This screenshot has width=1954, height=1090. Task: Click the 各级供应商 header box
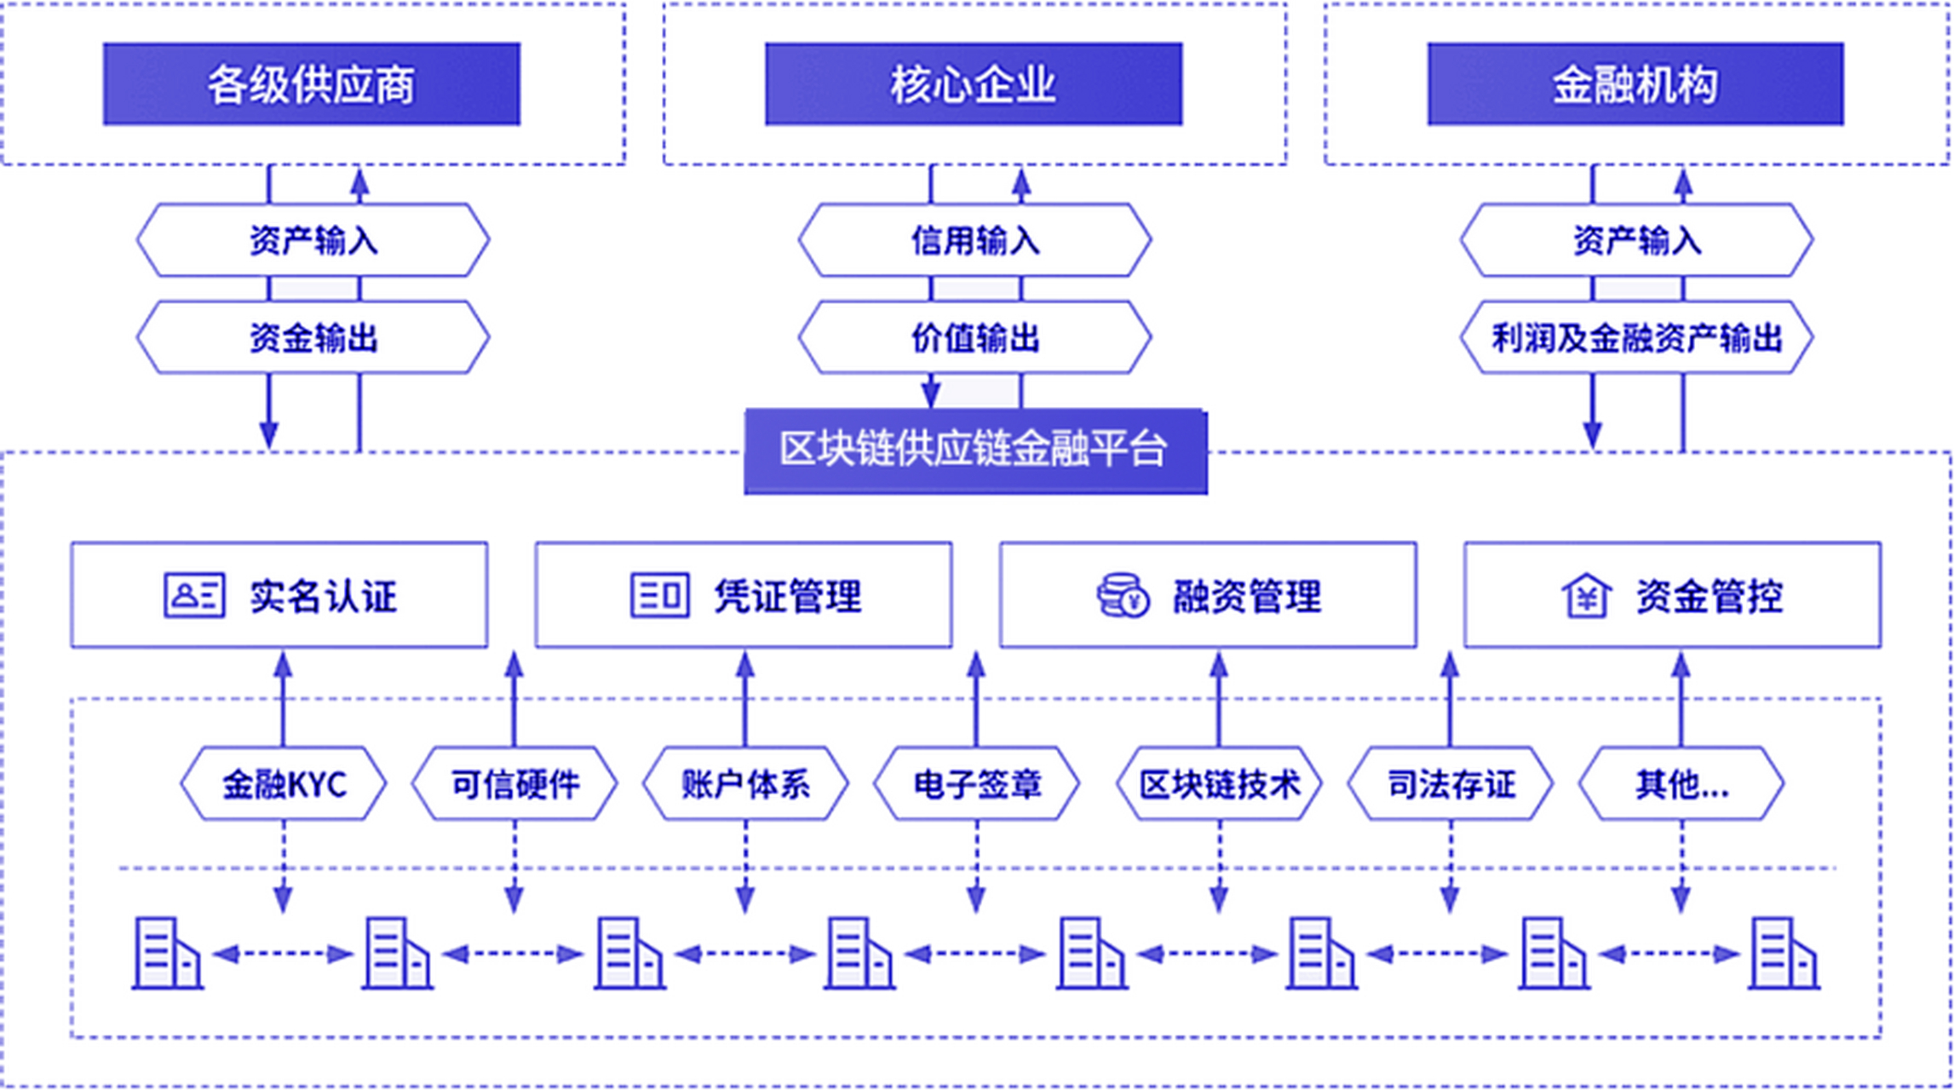tap(312, 84)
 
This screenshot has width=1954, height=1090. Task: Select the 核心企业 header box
tap(974, 84)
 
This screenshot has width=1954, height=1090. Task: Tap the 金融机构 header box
tap(1635, 84)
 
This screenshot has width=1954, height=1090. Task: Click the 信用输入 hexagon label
tap(975, 240)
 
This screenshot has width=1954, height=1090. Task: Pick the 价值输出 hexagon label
tap(975, 338)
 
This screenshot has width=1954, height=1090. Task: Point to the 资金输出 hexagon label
tap(313, 338)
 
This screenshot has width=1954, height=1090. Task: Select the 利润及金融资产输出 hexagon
tap(1636, 338)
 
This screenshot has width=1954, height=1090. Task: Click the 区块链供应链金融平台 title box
tap(975, 450)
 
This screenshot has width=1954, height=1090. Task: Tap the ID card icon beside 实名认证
tap(194, 595)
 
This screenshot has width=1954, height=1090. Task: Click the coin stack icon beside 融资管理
tap(1122, 595)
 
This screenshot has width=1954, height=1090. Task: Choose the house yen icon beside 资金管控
tap(1586, 595)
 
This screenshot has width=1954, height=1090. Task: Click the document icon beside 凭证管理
tap(659, 595)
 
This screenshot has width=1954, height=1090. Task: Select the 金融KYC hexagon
tap(284, 784)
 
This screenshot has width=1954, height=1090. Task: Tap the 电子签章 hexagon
tap(976, 784)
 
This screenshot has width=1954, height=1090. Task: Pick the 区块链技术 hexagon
tap(1219, 784)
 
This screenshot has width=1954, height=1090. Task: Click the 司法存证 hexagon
tap(1450, 784)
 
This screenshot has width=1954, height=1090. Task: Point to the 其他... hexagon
tap(1681, 784)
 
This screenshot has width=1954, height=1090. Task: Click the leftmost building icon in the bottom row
tap(167, 954)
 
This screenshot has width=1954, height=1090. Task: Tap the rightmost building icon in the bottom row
tap(1784, 954)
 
